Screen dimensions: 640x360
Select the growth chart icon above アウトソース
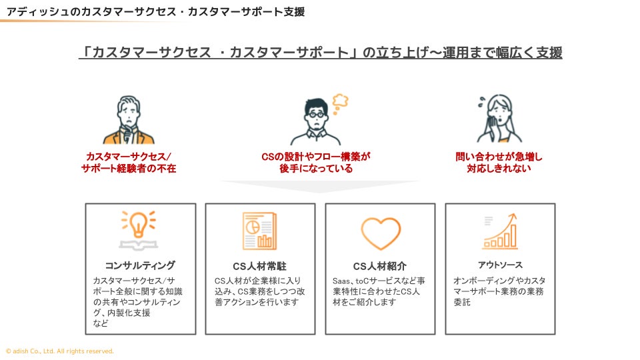pos(500,231)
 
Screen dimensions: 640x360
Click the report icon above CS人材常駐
pos(259,231)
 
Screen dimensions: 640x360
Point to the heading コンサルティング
pos(140,265)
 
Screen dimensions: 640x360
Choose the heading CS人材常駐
pos(260,267)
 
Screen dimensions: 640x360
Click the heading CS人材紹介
pos(380,267)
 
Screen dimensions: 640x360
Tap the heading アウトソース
pos(500,265)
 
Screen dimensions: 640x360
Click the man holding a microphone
pos(129,121)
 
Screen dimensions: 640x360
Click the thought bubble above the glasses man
pos(341,100)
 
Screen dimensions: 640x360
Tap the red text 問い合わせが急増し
pos(499,157)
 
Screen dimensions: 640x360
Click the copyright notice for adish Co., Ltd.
pos(60,351)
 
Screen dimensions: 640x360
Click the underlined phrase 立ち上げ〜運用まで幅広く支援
pos(466,52)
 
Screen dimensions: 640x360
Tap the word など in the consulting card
pos(101,323)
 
